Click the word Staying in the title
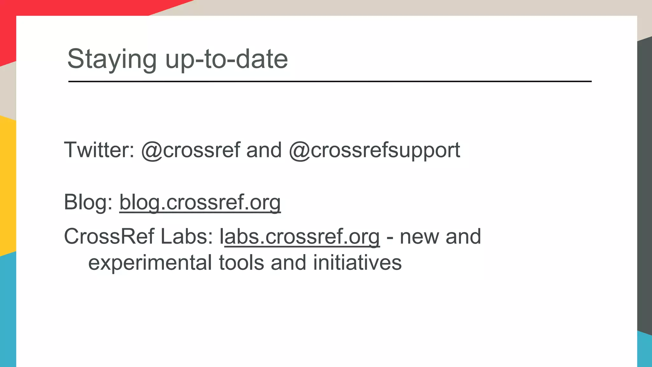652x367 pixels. tap(112, 59)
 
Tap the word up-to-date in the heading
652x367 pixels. tap(226, 59)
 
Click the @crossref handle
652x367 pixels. tap(191, 150)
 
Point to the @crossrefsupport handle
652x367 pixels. tap(374, 150)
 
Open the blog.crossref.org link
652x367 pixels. tap(200, 202)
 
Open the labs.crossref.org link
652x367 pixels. tap(300, 237)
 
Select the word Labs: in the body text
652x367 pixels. tap(187, 237)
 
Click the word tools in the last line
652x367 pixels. tap(241, 263)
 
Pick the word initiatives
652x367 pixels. tap(357, 263)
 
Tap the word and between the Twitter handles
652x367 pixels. tap(264, 150)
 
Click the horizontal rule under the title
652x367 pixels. tap(330, 82)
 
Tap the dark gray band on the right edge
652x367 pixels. tap(645, 185)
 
